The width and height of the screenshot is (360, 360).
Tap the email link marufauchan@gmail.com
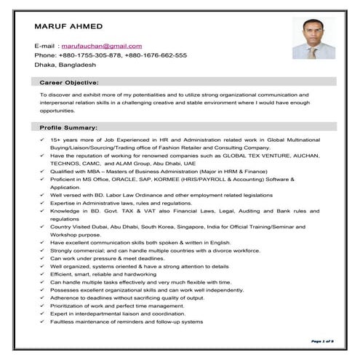pos(101,46)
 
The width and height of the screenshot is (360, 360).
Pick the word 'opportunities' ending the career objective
pos(57,111)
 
